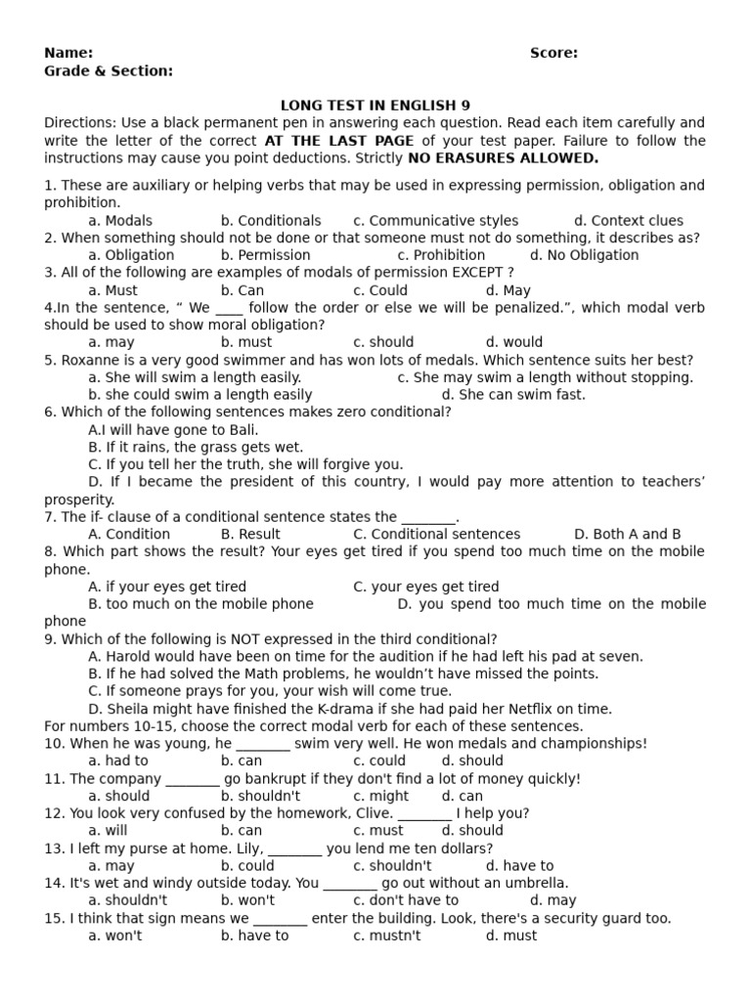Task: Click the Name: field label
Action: (68, 53)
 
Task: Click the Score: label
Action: (553, 53)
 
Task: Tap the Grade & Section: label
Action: (109, 70)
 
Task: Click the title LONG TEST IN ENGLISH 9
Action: (375, 106)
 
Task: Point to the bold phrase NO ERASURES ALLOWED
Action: (503, 158)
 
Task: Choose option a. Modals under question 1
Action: (120, 221)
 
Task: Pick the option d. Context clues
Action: (629, 221)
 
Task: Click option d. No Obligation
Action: (584, 255)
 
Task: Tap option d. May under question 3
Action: (508, 290)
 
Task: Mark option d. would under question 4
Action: (513, 342)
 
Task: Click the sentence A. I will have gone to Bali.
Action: (173, 430)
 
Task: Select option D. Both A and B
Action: (628, 534)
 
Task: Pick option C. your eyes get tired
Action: (426, 587)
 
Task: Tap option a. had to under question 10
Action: (118, 761)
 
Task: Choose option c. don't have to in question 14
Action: (406, 900)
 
